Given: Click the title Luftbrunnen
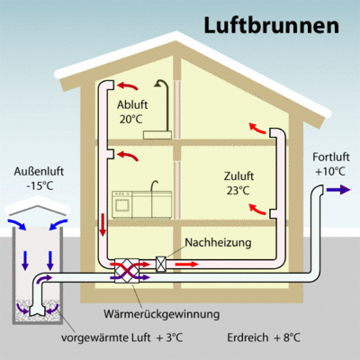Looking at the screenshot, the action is click(272, 25).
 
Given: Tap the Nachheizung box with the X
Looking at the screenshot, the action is click(161, 265).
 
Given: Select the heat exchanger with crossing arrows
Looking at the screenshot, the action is click(127, 270).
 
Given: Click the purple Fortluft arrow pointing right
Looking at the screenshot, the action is click(338, 190).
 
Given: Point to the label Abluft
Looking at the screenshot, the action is click(132, 105).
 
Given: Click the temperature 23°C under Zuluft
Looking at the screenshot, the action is click(238, 191).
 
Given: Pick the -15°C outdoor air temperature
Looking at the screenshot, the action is click(40, 186).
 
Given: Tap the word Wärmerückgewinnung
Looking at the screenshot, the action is click(162, 314).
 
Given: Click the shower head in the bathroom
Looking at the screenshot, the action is click(158, 84).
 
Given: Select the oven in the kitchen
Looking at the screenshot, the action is click(122, 204).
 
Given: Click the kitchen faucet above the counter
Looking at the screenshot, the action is click(154, 186).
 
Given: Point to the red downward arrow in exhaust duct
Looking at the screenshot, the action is click(103, 225).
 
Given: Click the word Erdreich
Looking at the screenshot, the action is click(247, 337).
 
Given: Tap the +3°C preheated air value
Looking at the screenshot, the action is click(169, 337).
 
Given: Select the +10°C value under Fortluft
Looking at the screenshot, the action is click(330, 172).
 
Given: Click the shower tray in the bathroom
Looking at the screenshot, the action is click(157, 135).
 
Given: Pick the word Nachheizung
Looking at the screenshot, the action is click(218, 242).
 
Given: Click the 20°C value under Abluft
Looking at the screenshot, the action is click(131, 120).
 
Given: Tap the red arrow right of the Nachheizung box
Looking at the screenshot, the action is click(186, 265).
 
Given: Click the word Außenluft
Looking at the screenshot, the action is click(39, 171).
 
